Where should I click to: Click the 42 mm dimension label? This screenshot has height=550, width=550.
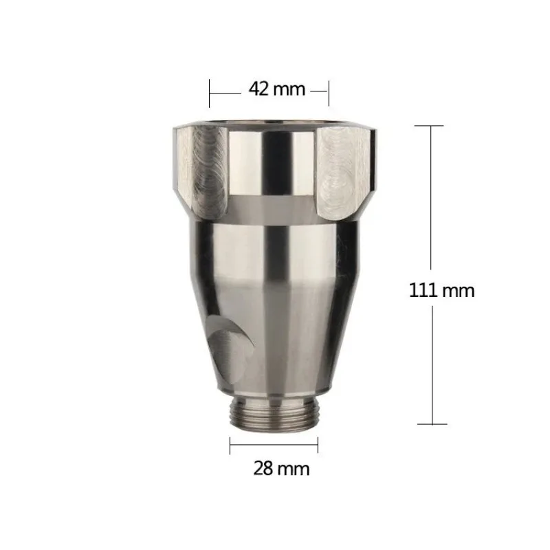(x=269, y=89)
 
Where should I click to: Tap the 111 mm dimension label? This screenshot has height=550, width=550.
(x=442, y=290)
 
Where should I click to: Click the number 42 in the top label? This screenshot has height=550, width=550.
(x=256, y=89)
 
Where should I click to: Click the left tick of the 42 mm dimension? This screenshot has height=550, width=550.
(x=210, y=89)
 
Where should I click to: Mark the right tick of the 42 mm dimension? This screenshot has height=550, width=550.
(x=329, y=89)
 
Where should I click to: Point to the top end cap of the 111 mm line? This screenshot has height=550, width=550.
(x=431, y=126)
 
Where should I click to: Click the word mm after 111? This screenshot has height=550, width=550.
(x=459, y=290)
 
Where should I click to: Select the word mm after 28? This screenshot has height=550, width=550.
(x=294, y=470)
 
